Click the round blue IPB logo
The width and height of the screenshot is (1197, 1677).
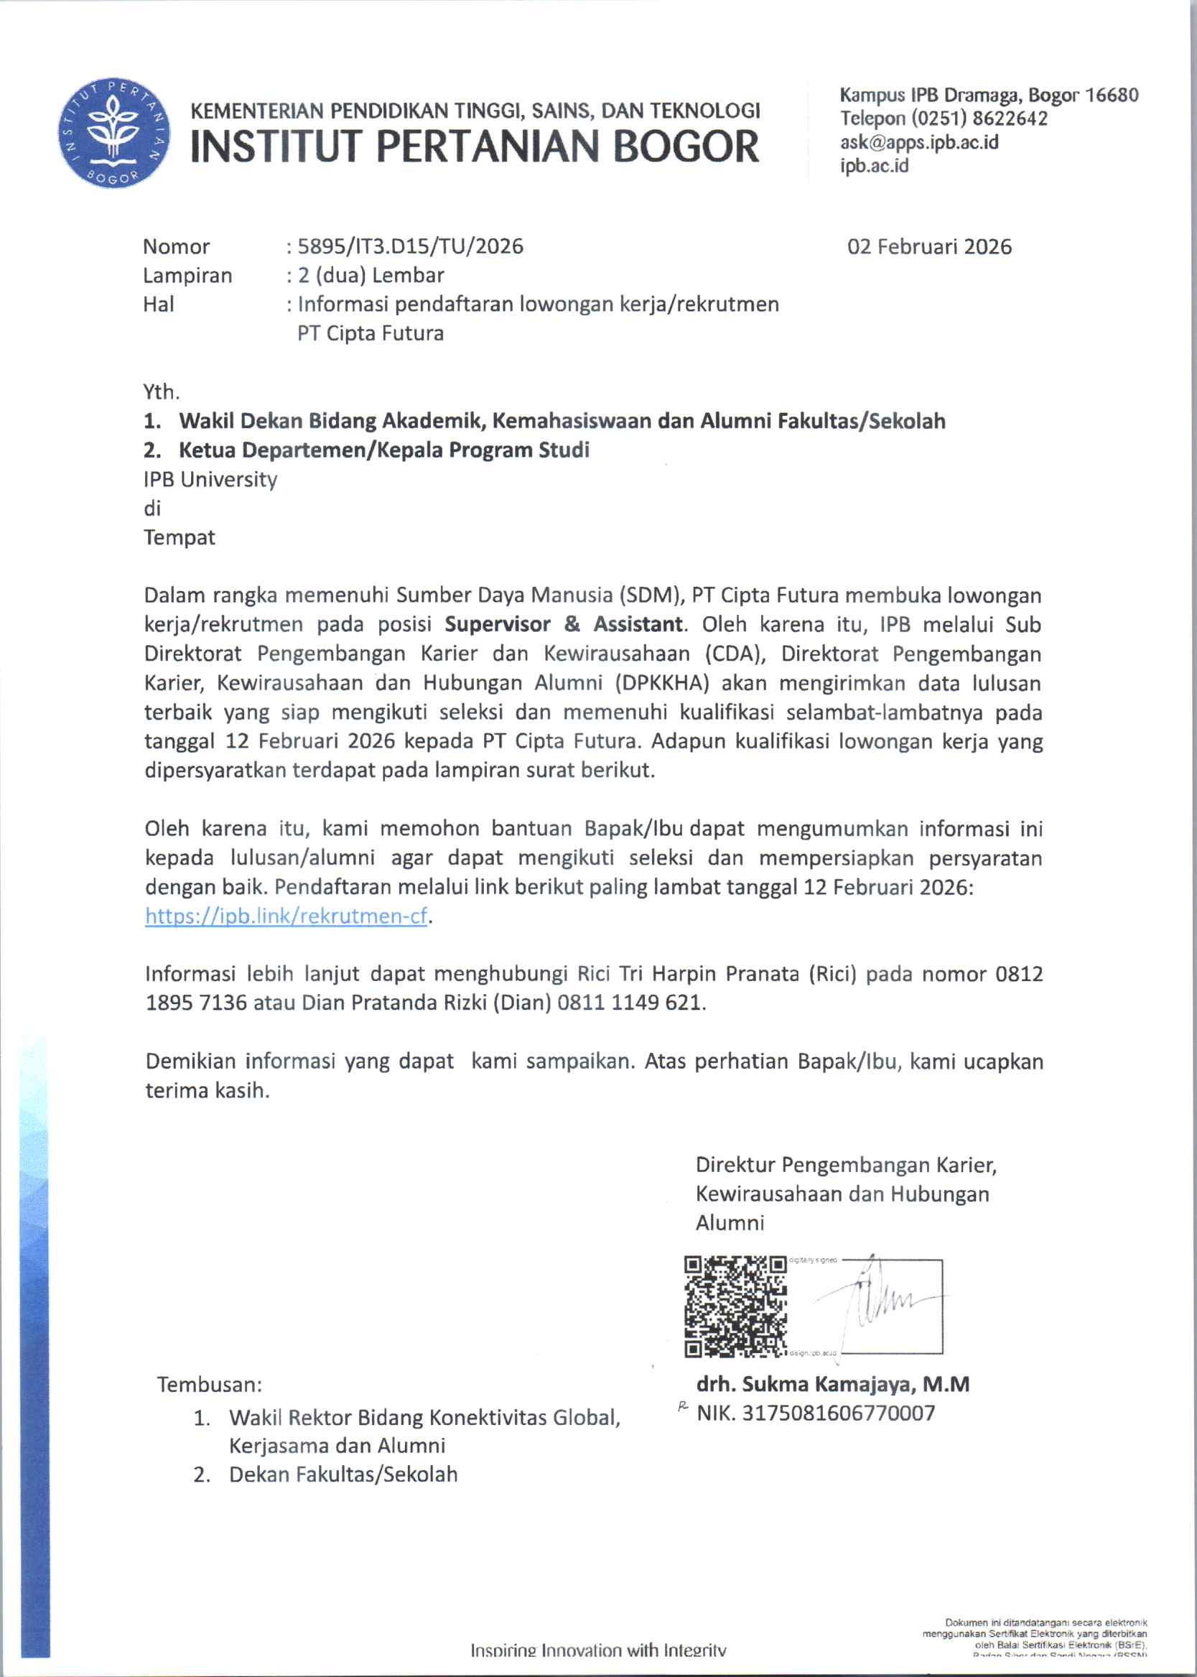click(113, 133)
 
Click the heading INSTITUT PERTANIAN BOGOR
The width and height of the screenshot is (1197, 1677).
click(475, 146)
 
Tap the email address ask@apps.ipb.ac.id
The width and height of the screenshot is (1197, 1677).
click(919, 142)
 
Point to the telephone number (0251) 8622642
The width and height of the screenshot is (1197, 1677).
click(979, 119)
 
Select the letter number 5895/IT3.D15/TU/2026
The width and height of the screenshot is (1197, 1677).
click(410, 246)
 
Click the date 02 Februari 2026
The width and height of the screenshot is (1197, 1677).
click(928, 246)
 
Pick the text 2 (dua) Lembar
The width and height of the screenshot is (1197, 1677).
click(370, 275)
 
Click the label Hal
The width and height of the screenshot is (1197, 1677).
click(159, 304)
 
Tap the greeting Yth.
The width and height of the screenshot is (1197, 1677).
click(162, 391)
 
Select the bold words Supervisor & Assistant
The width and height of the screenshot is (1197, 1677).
click(564, 624)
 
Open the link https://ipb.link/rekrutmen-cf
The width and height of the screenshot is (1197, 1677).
click(286, 916)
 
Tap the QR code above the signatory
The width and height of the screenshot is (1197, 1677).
click(735, 1307)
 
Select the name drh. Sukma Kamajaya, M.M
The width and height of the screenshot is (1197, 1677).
click(832, 1384)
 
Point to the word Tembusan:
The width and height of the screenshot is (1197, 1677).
click(210, 1385)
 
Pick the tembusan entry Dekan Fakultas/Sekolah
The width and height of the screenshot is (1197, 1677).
click(343, 1474)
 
